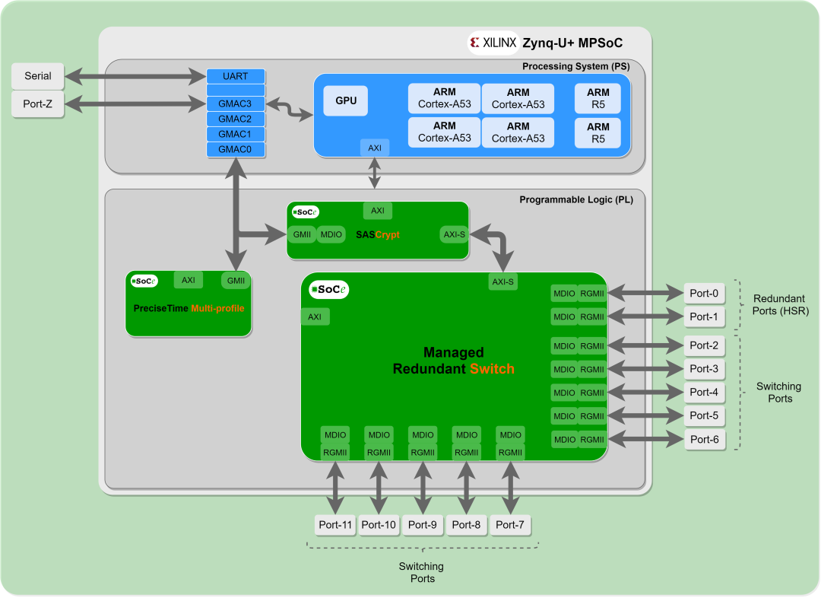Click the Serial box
pyautogui.click(x=38, y=76)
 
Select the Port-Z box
pyautogui.click(x=38, y=104)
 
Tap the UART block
pyautogui.click(x=236, y=77)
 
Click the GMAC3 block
pyautogui.click(x=236, y=103)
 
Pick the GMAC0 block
pyautogui.click(x=236, y=149)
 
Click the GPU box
pyautogui.click(x=346, y=100)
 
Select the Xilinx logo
pyautogui.click(x=493, y=43)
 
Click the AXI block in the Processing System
pyautogui.click(x=375, y=148)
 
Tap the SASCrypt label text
pyautogui.click(x=378, y=235)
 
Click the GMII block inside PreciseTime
pyautogui.click(x=236, y=280)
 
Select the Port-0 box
pyautogui.click(x=704, y=293)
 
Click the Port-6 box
pyautogui.click(x=704, y=440)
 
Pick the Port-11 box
pyautogui.click(x=335, y=525)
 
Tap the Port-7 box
pyautogui.click(x=511, y=525)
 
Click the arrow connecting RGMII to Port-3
pyautogui.click(x=645, y=370)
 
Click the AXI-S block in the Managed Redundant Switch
pyautogui.click(x=502, y=282)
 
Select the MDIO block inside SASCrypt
pyautogui.click(x=331, y=234)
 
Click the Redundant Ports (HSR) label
pyautogui.click(x=780, y=305)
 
